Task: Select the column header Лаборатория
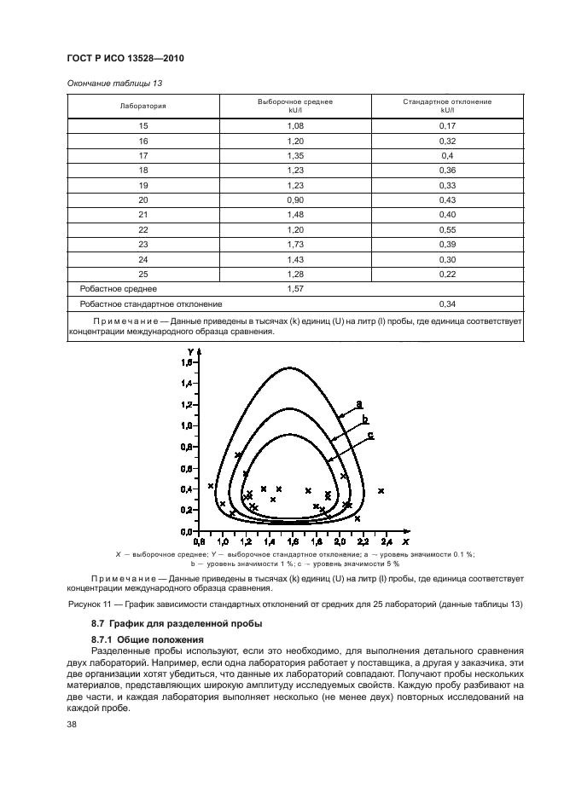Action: pyautogui.click(x=143, y=106)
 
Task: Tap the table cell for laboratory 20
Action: pyautogui.click(x=143, y=199)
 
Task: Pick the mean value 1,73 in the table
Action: pyautogui.click(x=295, y=245)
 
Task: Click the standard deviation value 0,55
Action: pyautogui.click(x=446, y=229)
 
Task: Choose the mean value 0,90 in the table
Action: pyautogui.click(x=295, y=199)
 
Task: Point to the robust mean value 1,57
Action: pyautogui.click(x=295, y=289)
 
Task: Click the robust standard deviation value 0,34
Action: pyautogui.click(x=446, y=304)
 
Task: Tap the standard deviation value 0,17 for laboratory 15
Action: pyautogui.click(x=446, y=125)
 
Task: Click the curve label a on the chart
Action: pyautogui.click(x=359, y=403)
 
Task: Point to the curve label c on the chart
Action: pyautogui.click(x=370, y=435)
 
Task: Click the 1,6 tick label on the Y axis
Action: pyautogui.click(x=188, y=362)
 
